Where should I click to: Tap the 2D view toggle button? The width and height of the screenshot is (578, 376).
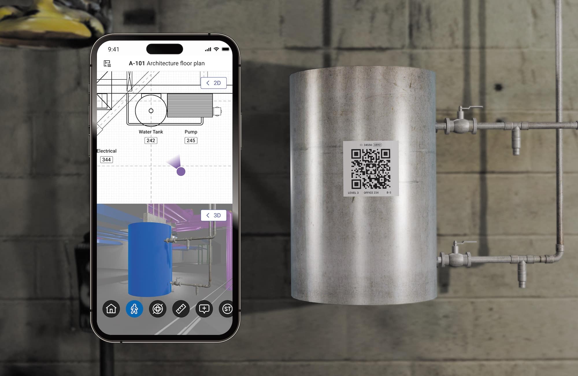coord(214,83)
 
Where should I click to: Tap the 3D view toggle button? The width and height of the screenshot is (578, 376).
coord(214,215)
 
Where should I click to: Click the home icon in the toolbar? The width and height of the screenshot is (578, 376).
coord(111,309)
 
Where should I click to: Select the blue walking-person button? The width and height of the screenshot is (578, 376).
coord(134,309)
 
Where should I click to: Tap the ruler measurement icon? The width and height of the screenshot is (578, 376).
coord(181,309)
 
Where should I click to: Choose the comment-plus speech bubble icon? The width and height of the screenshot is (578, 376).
coord(204,309)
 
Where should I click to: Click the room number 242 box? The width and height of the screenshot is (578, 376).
coord(151,141)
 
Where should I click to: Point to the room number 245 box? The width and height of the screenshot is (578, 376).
coord(191,141)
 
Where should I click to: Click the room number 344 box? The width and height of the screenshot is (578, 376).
coord(106,160)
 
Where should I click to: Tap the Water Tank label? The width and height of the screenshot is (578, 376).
coord(151,132)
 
